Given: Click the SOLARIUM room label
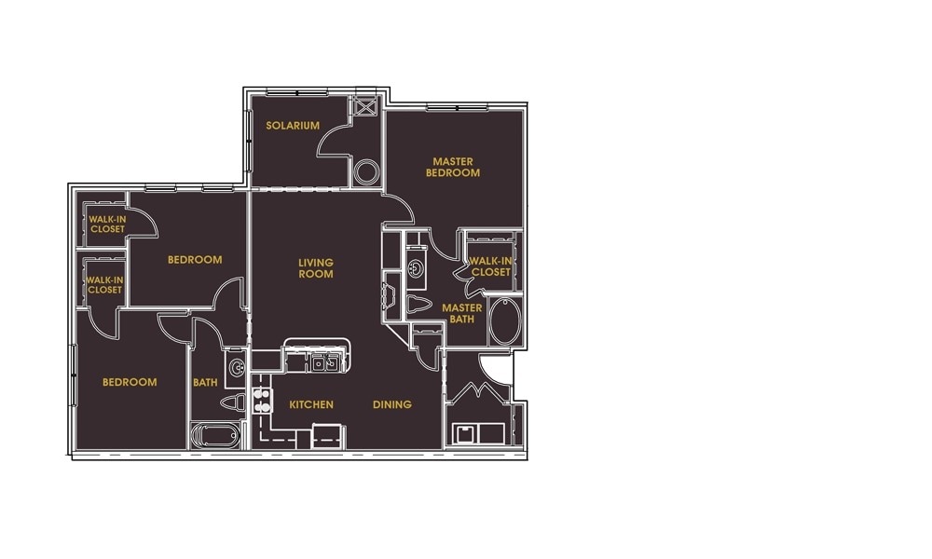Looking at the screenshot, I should tap(293, 126).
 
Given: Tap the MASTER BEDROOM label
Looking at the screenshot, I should tap(453, 168).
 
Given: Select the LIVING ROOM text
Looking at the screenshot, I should tap(316, 268).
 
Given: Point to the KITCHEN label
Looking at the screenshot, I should tap(311, 405).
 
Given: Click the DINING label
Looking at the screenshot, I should tap(392, 405).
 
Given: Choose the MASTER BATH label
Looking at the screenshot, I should tap(461, 314).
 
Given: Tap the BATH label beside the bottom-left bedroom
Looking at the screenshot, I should tap(205, 382).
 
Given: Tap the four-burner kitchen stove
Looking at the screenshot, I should tap(261, 401).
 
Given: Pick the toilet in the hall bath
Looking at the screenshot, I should tap(235, 402).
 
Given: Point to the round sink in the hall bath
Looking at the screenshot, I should tap(236, 365).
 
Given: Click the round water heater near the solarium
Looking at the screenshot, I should tap(366, 172).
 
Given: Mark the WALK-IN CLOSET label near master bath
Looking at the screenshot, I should tap(490, 266).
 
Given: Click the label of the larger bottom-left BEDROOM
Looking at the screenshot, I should tap(130, 382).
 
